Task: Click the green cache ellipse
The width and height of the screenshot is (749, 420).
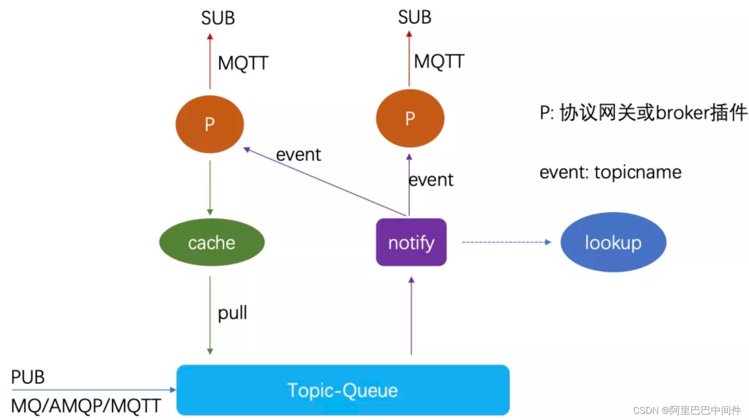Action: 212,242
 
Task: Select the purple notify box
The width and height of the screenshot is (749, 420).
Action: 411,242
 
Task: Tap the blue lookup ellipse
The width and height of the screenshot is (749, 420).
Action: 613,242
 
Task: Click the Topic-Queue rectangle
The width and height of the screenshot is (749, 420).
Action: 343,390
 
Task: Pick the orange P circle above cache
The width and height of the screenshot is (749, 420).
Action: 210,124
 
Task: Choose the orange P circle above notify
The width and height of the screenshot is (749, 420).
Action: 410,119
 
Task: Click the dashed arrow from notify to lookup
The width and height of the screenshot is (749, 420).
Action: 505,242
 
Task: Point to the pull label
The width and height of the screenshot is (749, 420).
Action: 232,313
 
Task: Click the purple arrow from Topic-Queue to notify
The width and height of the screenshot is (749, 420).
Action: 411,317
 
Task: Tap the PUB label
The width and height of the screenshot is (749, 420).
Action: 28,377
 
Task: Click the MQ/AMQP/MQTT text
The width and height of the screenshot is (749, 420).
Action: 86,406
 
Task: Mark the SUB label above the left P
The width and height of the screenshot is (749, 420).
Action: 218,18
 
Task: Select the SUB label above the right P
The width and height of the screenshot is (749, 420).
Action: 414,17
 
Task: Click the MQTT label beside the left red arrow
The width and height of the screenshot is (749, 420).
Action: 243,63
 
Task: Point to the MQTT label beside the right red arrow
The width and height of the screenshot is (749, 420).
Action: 439,62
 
